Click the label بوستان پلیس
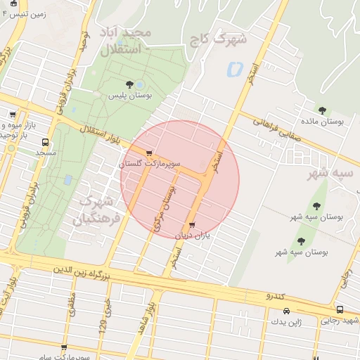(x=129, y=95)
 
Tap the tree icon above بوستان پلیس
(x=129, y=85)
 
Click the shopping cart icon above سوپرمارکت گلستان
(x=148, y=153)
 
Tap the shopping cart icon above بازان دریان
(x=193, y=226)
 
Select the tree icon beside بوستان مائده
(x=322, y=110)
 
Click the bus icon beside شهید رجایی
(x=340, y=310)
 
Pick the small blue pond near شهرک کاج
(x=233, y=70)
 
